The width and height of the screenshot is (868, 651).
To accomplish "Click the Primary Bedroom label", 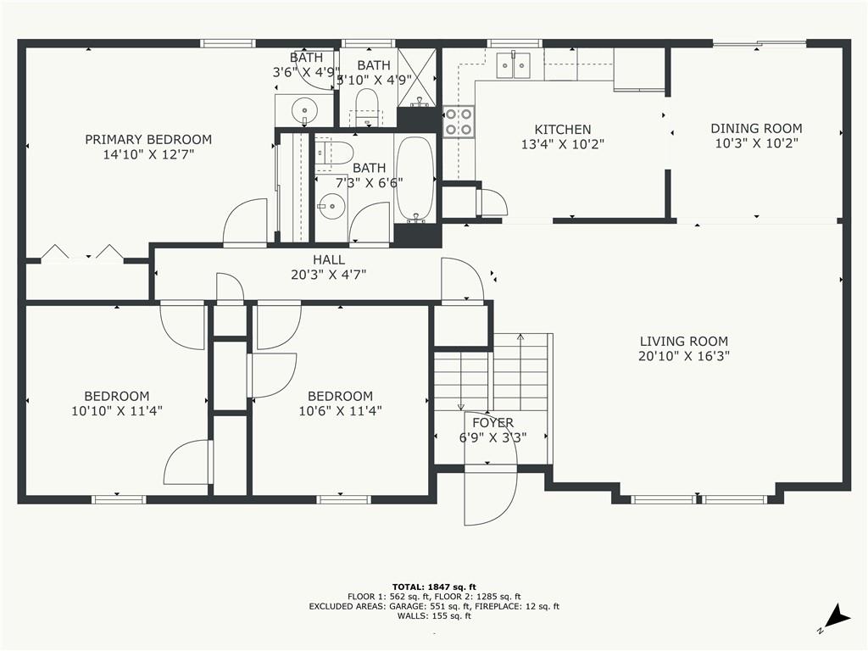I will click(148, 139).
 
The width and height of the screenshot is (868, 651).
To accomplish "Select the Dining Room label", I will click(756, 129).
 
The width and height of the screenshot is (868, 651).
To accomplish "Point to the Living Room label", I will click(683, 342).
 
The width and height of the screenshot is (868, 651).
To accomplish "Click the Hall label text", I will click(329, 259).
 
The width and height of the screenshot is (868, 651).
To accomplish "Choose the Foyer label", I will click(492, 423).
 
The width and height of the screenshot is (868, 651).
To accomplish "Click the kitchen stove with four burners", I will click(459, 120).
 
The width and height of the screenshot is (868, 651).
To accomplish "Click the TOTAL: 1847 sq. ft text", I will click(434, 587).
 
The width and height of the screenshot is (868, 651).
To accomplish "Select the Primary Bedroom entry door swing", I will click(246, 222).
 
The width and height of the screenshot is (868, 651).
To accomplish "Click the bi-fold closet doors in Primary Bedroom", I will click(83, 253).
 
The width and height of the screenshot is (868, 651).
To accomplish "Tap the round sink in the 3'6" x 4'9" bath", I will click(303, 109).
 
